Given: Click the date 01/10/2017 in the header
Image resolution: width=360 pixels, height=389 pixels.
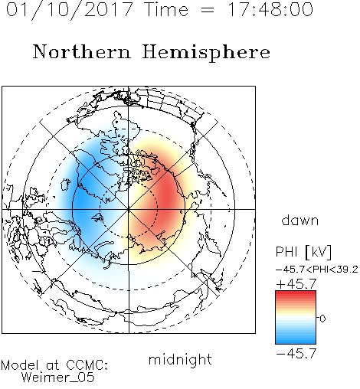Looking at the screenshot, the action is (70, 10).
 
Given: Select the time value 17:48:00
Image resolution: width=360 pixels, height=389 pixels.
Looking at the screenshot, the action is (270, 9).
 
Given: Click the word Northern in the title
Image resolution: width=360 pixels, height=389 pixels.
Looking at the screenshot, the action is (82, 51).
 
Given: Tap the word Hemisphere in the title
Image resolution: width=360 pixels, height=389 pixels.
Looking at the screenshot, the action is (206, 53).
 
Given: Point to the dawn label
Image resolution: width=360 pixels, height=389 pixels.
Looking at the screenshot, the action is (300, 221).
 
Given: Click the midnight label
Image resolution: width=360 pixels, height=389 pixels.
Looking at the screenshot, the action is (180, 360).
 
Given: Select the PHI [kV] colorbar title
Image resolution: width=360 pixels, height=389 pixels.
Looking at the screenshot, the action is (303, 252).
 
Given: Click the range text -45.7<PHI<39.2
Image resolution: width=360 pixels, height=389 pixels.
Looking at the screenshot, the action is (317, 270).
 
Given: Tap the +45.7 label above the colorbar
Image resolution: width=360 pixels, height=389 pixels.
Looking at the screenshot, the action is (296, 284).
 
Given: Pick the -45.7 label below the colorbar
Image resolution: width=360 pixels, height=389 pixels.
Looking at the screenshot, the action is (296, 353).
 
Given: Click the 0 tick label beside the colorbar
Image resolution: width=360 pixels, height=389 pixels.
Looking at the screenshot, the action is (322, 319).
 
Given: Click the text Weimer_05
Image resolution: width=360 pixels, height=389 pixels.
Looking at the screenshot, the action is (57, 377).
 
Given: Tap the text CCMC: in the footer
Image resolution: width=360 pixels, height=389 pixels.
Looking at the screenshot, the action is (87, 364).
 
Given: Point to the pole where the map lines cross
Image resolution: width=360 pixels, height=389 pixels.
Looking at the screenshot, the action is (129, 209).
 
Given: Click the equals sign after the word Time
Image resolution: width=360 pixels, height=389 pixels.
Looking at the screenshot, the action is (207, 10).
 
